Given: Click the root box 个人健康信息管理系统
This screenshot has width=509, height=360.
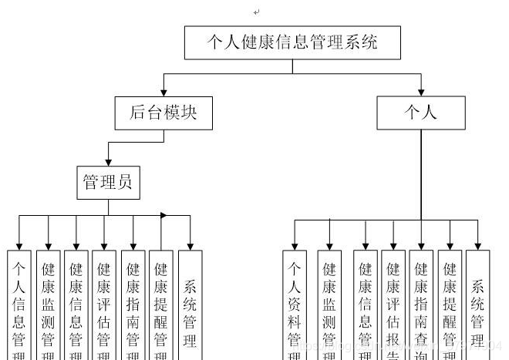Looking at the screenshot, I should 292,43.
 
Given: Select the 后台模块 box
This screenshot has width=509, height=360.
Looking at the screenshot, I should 162,113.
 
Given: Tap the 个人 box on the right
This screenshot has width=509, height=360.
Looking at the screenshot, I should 421,113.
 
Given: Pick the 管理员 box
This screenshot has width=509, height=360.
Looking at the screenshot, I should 107,182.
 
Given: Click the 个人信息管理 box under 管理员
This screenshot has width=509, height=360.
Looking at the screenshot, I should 20,304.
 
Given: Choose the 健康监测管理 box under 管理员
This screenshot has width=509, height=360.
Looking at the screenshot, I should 48,304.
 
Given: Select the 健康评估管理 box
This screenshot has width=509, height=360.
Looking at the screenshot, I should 103,304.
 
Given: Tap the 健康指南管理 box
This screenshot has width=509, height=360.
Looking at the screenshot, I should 133,304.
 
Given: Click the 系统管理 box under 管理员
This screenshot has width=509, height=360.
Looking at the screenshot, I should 190,304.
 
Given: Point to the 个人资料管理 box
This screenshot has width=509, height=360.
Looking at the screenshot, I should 295,304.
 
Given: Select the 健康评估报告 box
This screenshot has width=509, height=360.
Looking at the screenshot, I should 393,304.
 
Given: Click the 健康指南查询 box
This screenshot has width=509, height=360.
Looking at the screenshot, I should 421,304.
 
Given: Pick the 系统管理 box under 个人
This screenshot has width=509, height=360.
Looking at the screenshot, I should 477,304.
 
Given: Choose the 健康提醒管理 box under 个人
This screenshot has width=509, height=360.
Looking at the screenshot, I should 450,304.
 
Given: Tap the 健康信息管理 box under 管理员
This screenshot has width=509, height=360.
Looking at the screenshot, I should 76,304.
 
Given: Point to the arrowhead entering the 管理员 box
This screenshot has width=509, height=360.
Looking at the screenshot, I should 108,160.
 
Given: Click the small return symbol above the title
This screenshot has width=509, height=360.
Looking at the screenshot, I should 256,12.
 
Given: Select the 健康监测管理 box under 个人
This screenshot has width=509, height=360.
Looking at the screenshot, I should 329,304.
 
